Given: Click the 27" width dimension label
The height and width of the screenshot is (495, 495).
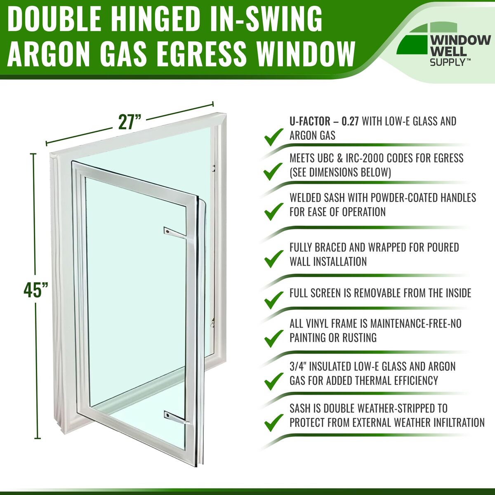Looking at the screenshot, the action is pos(130,122).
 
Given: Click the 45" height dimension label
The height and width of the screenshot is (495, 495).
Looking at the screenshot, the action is pos(36,290).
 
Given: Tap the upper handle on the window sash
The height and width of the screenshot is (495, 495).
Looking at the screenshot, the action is pos(176,233).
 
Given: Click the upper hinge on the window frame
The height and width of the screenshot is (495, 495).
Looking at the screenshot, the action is pos(213,168).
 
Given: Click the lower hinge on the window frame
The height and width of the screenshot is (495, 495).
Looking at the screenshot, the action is pos(212,323).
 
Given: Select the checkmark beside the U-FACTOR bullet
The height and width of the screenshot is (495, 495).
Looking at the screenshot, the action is pos(274,137).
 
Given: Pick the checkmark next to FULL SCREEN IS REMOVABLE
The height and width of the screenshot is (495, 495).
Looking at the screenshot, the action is pos(274,300).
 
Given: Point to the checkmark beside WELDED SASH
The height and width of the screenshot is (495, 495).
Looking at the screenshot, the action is pos(274,212).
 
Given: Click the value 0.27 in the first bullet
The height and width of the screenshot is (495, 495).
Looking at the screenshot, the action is pos(350,122).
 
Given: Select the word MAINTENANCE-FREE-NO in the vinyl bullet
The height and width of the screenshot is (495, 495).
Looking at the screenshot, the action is pos(416,323).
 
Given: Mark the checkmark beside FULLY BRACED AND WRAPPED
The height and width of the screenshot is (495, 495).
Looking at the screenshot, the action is pos(274,259).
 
